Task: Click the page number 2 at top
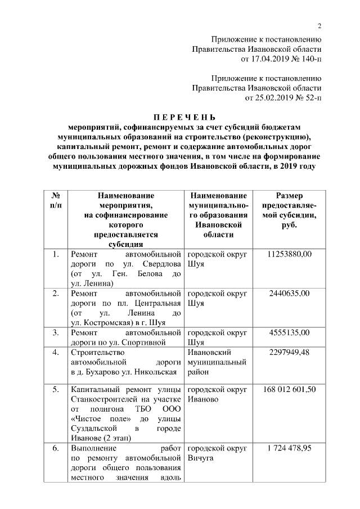point(319,25)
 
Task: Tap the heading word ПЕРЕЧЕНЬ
point(185,118)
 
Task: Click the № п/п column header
point(55,200)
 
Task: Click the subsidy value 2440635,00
point(289,294)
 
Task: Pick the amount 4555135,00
point(289,332)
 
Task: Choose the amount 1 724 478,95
point(289,448)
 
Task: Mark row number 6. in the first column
point(56,448)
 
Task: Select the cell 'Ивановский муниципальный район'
point(216,362)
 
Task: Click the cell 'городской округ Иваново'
point(216,394)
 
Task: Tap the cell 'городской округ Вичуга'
point(216,453)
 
